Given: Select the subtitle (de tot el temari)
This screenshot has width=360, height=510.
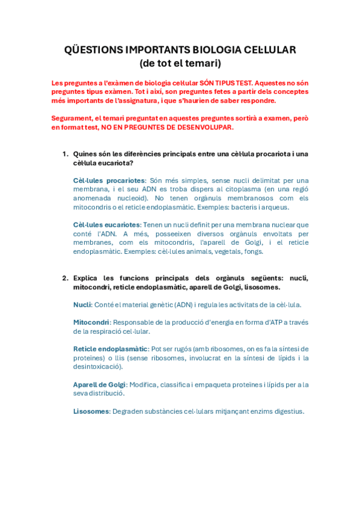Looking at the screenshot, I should pyautogui.click(x=180, y=63).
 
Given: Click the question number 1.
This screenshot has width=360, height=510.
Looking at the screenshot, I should pyautogui.click(x=65, y=154).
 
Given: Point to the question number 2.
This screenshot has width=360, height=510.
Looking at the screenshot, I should pyautogui.click(x=65, y=278).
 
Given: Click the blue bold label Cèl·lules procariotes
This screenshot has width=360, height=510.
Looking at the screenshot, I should pyautogui.click(x=109, y=180).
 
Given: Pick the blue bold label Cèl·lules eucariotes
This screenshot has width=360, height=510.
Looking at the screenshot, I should pyautogui.click(x=106, y=225).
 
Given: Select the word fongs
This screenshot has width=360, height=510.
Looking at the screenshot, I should pyautogui.click(x=253, y=251).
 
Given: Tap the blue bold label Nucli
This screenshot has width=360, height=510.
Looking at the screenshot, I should pyautogui.click(x=82, y=305).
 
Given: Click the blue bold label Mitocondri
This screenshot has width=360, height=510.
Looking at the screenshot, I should pyautogui.click(x=91, y=322).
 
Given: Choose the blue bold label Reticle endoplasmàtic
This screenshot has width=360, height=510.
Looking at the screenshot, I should pyautogui.click(x=111, y=349).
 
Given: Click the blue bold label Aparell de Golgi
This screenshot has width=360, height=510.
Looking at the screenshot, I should pyautogui.click(x=99, y=384).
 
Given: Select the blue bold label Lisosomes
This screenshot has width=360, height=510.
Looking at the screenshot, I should pyautogui.click(x=91, y=411).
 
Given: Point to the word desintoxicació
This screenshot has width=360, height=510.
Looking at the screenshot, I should pyautogui.click(x=98, y=366).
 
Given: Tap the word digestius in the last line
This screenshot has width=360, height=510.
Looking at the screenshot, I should pyautogui.click(x=286, y=411).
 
